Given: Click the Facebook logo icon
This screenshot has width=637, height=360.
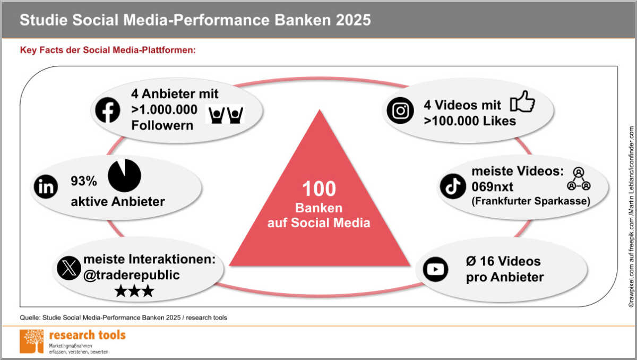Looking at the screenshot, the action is (107, 110).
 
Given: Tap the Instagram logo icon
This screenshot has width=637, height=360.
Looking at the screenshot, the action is (400, 110).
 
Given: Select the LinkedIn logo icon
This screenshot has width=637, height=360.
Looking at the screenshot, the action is (46, 186).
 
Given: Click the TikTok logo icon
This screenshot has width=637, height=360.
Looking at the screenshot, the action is (453, 186).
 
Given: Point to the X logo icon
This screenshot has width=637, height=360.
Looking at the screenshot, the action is (69, 268).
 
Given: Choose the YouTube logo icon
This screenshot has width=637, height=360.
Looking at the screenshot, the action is (435, 269).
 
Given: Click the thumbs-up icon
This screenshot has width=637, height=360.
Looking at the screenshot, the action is (522, 101).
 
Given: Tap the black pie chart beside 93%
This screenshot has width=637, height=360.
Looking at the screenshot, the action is (124, 175).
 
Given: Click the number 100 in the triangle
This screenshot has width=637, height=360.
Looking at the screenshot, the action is (319, 188).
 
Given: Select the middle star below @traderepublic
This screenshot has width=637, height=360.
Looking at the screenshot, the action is (134, 291).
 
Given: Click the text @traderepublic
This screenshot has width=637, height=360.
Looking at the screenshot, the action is (132, 275).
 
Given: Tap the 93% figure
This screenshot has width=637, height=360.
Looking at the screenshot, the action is (84, 181).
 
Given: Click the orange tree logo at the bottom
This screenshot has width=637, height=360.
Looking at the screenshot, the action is (31, 341).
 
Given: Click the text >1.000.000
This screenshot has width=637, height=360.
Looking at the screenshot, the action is (164, 109).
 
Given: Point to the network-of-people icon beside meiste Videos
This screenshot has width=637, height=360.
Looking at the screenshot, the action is (579, 178).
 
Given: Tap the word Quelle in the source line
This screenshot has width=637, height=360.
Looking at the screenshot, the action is (29, 318).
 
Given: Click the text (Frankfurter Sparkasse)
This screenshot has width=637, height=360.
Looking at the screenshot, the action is (531, 201).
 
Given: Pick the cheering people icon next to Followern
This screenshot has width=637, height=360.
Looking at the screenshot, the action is (226, 115).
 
